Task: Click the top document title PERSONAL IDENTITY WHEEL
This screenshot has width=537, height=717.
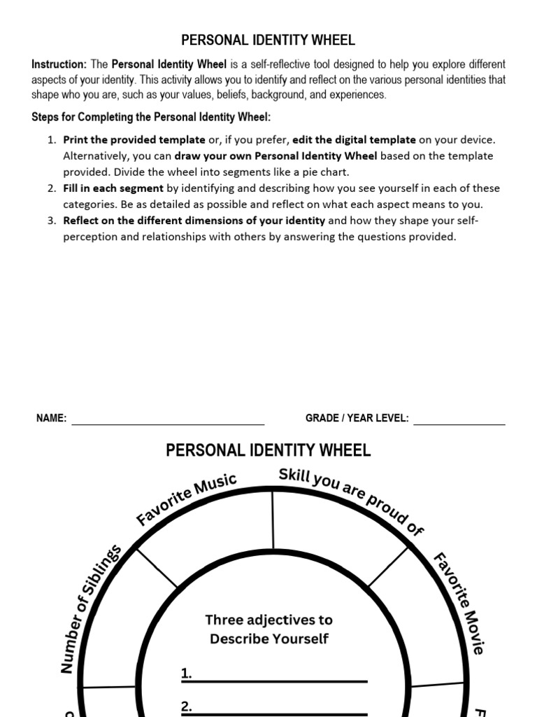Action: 268,40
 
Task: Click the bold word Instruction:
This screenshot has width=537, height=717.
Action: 59,64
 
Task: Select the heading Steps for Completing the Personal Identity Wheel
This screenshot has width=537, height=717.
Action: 151,116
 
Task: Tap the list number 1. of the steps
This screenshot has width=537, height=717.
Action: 52,140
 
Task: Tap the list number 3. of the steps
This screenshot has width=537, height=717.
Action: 52,221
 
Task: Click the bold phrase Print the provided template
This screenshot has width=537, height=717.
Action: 134,140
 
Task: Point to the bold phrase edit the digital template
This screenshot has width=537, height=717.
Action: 354,140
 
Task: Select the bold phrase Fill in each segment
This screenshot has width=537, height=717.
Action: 113,188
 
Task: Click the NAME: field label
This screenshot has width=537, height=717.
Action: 52,418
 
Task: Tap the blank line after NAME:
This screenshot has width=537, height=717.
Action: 168,423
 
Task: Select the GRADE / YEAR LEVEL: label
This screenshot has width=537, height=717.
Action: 357,418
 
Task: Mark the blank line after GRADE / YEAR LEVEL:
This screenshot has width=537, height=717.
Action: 459,423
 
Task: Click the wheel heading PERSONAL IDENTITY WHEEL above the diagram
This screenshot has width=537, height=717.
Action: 268,450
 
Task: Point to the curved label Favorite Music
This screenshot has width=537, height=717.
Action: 187,499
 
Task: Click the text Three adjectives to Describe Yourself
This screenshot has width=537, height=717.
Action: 269,629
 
